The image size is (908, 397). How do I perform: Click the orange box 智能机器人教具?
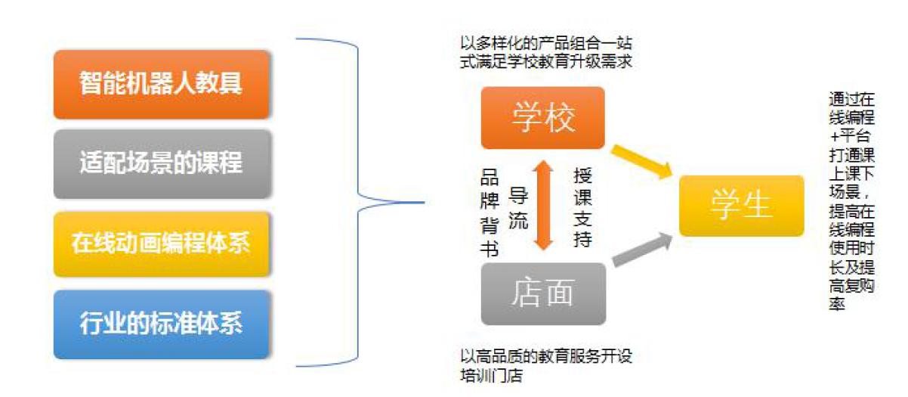161,84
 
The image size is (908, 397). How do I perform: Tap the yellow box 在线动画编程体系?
161,244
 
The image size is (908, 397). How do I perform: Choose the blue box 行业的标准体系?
161,324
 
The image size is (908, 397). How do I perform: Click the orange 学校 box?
542,118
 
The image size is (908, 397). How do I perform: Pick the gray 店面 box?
542,293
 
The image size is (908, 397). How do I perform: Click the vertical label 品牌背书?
490,213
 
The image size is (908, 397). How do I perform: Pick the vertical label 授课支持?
582,207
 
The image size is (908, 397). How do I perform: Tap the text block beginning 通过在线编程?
851,200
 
